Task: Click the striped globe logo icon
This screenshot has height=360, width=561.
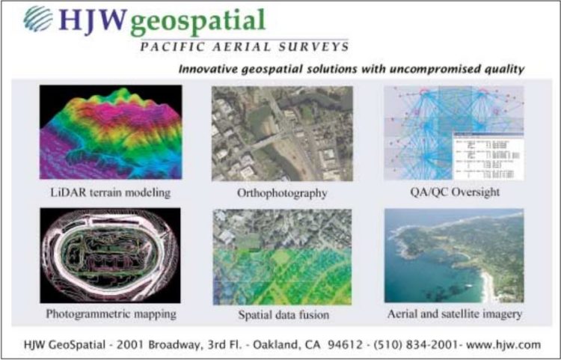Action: tap(38, 19)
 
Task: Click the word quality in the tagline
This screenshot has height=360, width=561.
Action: tap(502, 70)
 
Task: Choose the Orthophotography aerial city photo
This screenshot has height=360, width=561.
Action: tap(282, 133)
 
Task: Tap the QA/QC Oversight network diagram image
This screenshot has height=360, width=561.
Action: tap(453, 133)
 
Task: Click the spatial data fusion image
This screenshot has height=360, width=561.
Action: tap(282, 255)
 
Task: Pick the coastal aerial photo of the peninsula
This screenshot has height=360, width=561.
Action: tap(453, 255)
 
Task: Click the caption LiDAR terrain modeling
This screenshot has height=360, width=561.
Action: tap(110, 192)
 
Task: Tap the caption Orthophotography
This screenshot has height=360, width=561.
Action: tap(282, 193)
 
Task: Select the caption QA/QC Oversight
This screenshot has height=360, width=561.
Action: tap(453, 192)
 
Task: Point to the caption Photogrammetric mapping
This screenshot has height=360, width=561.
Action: tap(110, 314)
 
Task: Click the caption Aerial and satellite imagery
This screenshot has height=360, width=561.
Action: tap(453, 314)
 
